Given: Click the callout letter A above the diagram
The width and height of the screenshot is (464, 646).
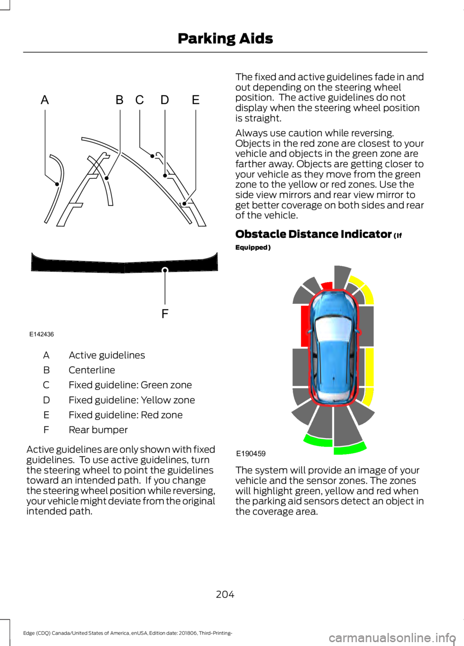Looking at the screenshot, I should point(45,100).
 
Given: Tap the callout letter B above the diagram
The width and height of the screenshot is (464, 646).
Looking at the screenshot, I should point(119,100).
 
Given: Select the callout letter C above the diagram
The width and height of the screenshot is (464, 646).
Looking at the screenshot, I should point(140,100).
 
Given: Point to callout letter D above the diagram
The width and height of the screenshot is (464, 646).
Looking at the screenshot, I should point(165,100).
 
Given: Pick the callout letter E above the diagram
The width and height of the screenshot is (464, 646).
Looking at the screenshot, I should point(196,100).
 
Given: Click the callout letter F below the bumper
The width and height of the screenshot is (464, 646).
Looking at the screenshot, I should point(165,314).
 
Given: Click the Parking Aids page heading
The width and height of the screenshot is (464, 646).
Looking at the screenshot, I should point(225,38).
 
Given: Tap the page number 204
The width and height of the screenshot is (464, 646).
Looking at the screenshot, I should point(225,594).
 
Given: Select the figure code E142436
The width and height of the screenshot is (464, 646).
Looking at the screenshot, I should point(42,334).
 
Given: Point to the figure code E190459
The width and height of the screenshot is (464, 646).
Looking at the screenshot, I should point(251,454).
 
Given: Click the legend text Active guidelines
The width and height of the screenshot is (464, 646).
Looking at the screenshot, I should point(107,355).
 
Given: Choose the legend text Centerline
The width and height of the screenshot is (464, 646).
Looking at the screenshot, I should point(92,370).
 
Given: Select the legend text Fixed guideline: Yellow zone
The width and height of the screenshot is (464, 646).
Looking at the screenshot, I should point(132,400).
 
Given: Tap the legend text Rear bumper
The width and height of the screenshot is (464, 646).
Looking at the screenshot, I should point(98,430).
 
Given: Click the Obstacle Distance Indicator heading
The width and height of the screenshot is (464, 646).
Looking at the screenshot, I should point(313,234).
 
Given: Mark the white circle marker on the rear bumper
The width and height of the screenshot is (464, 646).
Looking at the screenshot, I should point(165,270).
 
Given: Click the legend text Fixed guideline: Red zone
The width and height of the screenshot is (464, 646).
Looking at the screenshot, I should point(126,415).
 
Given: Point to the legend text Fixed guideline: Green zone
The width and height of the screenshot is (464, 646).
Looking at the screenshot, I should point(130,385).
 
